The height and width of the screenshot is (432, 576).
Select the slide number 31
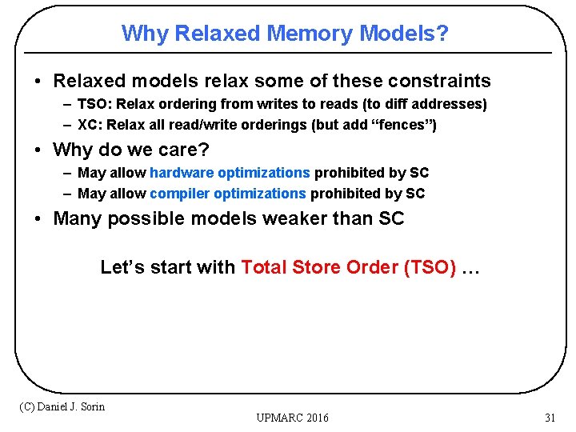[550, 418]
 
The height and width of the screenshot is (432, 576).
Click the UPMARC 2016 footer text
[292, 418]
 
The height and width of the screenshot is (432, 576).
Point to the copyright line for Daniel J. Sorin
[62, 406]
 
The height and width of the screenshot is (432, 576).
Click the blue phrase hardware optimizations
[230, 173]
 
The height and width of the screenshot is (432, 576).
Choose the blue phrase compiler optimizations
[228, 194]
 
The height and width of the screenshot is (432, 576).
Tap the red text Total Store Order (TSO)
[349, 267]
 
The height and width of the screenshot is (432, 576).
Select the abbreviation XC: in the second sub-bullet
[90, 126]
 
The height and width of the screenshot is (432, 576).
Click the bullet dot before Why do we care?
[38, 150]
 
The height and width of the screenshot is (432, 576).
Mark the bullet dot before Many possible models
[38, 219]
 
